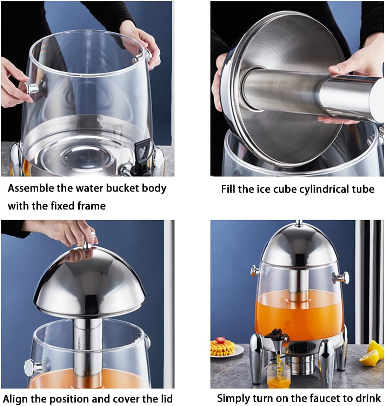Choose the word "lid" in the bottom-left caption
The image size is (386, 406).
tap(165, 398)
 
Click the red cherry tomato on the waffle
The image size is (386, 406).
tap(220, 340)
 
